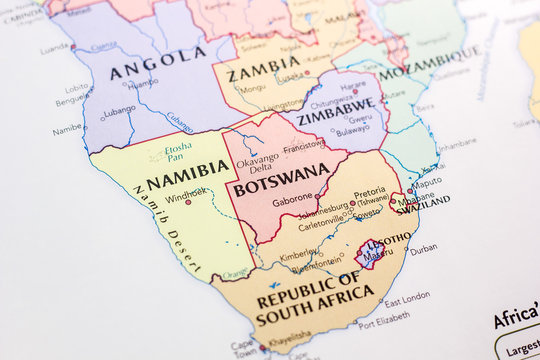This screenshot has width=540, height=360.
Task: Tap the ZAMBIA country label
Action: [x=263, y=74]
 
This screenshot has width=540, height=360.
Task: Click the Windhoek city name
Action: [x=186, y=191]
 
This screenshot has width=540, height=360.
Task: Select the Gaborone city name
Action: [x=294, y=200]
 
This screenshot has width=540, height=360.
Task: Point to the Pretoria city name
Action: [x=370, y=191]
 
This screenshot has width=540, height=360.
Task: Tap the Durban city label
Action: [x=424, y=249]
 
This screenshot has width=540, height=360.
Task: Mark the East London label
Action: [x=407, y=297]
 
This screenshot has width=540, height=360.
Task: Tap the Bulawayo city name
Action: [x=351, y=131]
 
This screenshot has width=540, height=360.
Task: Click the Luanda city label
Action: [x=54, y=47]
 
